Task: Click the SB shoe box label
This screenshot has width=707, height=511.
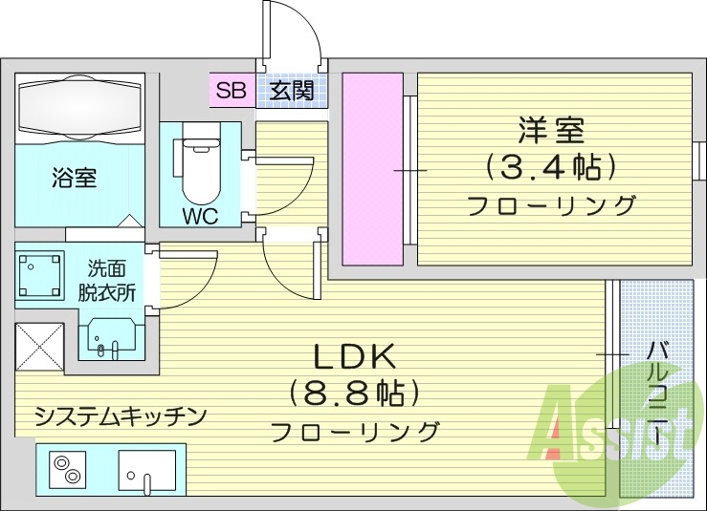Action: [x=231, y=92]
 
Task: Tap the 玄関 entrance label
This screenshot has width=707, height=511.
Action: [x=290, y=92]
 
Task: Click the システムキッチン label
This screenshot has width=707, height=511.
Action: [x=120, y=415]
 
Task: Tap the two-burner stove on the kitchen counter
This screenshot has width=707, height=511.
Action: [x=69, y=469]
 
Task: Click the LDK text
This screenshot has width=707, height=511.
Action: [x=355, y=357]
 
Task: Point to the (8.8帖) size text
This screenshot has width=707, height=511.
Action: [x=355, y=393]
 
